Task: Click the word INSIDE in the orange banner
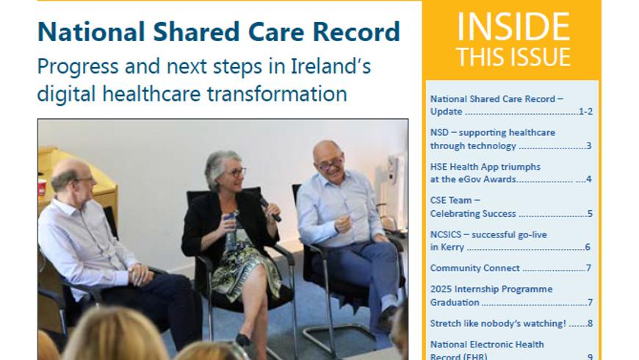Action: point(513,27)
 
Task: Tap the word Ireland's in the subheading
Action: point(331,66)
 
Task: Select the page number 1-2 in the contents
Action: point(585,111)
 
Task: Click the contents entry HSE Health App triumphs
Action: point(485,167)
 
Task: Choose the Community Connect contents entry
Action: point(474,268)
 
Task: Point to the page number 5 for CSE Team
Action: point(590,214)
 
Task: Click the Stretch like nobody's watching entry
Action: point(498,323)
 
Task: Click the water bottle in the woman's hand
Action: point(231,231)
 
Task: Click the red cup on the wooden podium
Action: point(42,187)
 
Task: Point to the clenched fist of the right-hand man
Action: point(343,223)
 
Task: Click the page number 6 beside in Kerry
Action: point(588,247)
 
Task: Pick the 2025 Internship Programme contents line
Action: point(491,289)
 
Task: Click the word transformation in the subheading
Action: point(277,94)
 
